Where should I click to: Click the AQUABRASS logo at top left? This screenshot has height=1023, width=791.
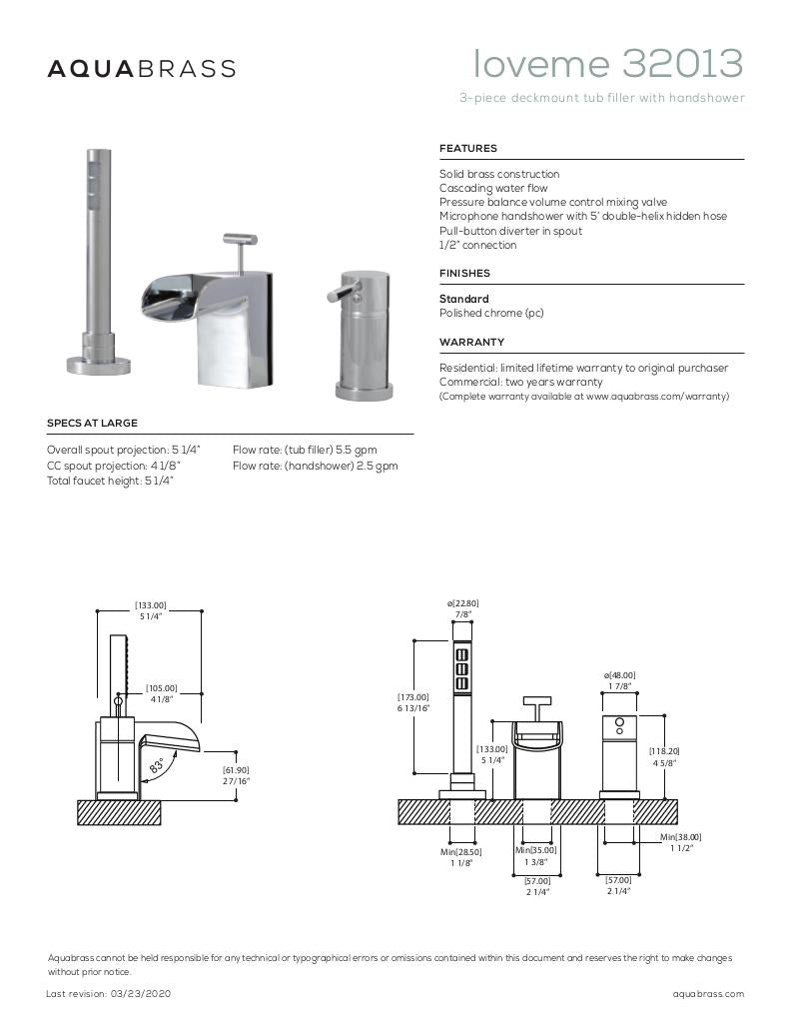point(142,69)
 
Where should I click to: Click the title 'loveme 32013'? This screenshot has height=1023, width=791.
point(608,64)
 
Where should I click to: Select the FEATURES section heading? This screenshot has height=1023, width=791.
point(467,149)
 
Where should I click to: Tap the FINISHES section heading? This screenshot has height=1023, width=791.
point(464,273)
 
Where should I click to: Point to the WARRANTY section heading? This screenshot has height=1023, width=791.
point(471,342)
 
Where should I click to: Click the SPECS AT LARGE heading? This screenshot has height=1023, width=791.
point(92,424)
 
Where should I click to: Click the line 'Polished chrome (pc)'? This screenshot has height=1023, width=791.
point(491,313)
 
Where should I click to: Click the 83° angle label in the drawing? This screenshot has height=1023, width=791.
point(157,767)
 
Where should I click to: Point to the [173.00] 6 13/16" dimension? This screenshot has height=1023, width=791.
point(413,702)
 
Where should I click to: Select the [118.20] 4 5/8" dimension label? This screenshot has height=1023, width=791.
point(663,757)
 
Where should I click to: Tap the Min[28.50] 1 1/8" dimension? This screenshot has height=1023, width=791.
point(461,857)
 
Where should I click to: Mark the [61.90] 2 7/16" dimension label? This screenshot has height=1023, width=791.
point(236,775)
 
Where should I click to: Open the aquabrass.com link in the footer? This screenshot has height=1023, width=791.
point(708,994)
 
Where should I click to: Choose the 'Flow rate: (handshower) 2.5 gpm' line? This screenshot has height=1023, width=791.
point(315,466)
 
